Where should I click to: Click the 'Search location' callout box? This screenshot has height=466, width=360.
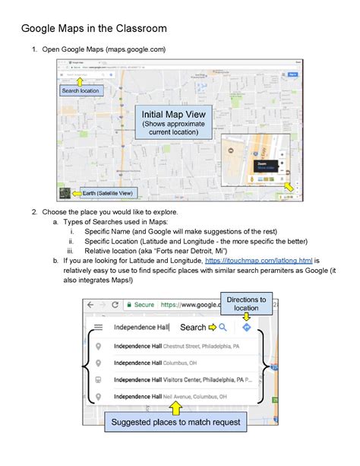[80, 90]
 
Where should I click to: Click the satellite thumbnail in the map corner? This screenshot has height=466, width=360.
[65, 192]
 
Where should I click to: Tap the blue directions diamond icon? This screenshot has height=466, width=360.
[247, 328]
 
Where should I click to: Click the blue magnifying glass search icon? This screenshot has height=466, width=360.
[223, 328]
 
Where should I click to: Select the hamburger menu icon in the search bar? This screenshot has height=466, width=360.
[98, 328]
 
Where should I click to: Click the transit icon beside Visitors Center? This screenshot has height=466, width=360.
[98, 379]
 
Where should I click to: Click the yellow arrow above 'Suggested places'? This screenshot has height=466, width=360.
[175, 407]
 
